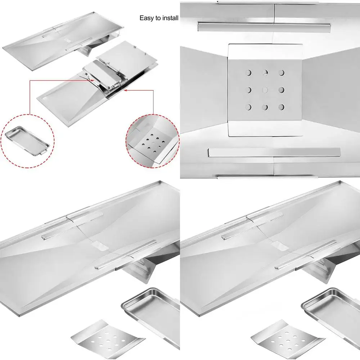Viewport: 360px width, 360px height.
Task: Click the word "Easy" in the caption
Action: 147,18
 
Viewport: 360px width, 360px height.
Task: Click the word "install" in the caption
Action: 170,18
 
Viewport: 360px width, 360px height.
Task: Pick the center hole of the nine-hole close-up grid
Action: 265,89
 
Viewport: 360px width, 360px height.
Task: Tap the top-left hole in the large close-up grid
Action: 248,73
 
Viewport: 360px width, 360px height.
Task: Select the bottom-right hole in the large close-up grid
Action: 282,107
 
